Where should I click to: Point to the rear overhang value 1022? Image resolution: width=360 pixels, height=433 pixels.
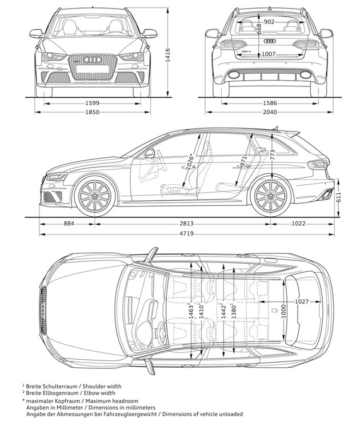(x=300, y=223)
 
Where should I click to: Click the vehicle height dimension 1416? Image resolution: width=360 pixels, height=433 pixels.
(x=167, y=54)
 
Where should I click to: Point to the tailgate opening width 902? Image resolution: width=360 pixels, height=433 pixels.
(x=270, y=22)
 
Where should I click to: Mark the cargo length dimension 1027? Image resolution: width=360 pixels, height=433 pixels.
(x=302, y=301)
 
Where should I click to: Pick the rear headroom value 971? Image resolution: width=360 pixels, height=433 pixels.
(x=243, y=161)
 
